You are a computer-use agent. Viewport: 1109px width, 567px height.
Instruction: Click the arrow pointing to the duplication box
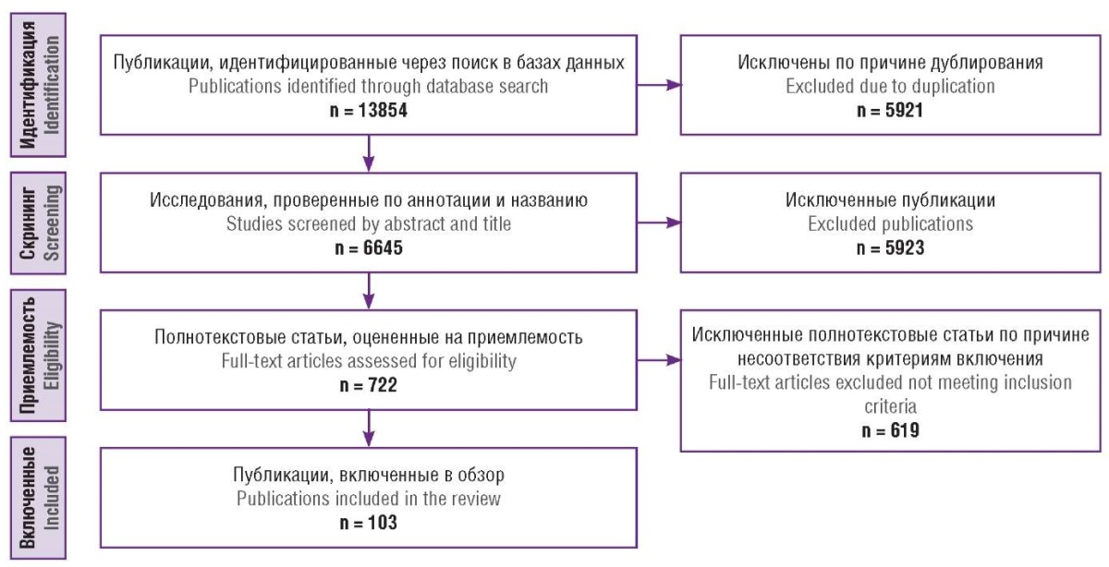(x=661, y=85)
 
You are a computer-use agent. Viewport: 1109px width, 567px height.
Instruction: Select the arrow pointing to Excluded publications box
(x=661, y=223)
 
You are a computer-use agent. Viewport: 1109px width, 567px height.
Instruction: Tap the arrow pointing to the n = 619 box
(x=661, y=358)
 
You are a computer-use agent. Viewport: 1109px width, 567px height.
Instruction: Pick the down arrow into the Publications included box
(x=369, y=428)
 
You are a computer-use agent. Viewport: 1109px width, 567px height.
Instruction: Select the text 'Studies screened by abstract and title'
(x=369, y=223)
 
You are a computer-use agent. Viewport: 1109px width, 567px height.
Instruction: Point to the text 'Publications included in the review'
(x=369, y=499)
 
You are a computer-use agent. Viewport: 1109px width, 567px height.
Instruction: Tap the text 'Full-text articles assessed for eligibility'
(x=369, y=360)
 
